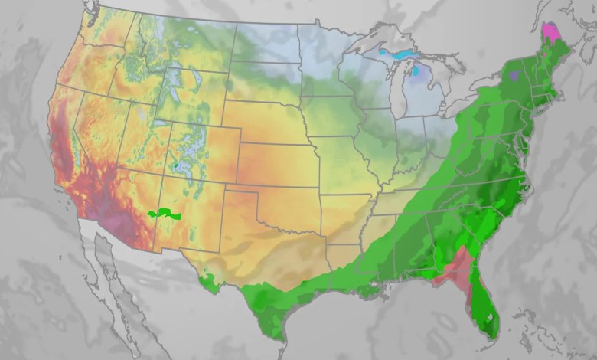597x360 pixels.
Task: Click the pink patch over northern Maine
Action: (550, 33)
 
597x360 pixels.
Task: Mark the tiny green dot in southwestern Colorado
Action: (175, 165)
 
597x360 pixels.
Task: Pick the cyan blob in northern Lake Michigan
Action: (416, 70)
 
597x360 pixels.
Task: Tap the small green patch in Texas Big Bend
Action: (207, 285)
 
